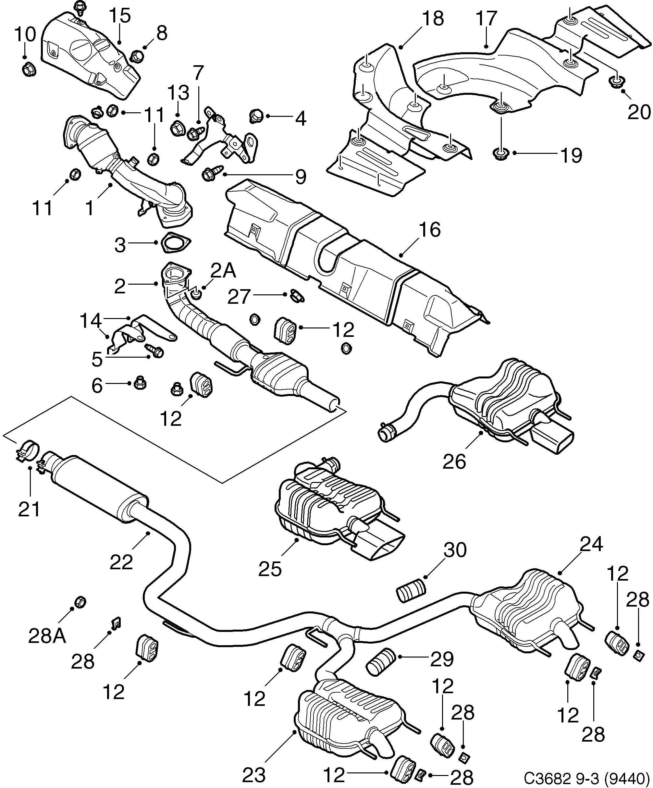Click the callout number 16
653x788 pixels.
pyautogui.click(x=430, y=230)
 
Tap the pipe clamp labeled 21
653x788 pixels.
pyautogui.click(x=27, y=449)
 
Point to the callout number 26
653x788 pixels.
pyautogui.click(x=454, y=461)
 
